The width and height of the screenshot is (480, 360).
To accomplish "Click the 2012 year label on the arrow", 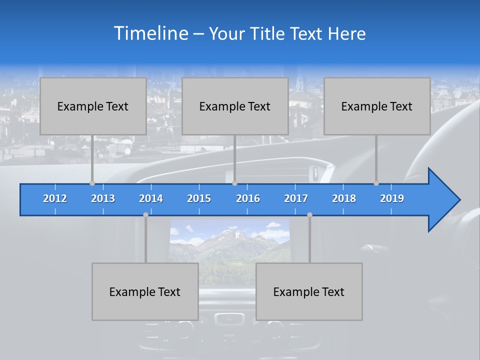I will [x=55, y=198].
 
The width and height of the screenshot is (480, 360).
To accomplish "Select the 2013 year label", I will [x=103, y=198].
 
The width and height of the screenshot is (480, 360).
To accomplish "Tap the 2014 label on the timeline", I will [x=151, y=198].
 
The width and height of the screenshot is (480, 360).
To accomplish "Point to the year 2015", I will [x=199, y=198].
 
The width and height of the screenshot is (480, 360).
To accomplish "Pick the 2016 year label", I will [x=248, y=198].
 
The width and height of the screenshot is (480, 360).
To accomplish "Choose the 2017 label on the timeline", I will [x=296, y=198].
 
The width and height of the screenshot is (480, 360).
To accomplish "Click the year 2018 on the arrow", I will [x=344, y=198].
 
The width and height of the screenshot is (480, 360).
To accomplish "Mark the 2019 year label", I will [x=392, y=198].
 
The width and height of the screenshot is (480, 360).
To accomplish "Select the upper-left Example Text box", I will [x=93, y=106].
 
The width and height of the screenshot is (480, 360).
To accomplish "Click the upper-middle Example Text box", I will [x=235, y=106].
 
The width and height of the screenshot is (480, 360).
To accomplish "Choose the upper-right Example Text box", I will [x=377, y=106].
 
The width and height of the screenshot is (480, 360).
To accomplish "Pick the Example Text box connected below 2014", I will [x=145, y=291].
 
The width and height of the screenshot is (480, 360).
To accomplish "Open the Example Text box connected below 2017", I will [x=309, y=291].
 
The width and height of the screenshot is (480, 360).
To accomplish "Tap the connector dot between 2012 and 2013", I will [x=92, y=183].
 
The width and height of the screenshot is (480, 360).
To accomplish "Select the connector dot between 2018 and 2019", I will [x=376, y=183].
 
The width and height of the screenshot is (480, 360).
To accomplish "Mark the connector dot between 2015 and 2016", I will [x=234, y=183].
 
